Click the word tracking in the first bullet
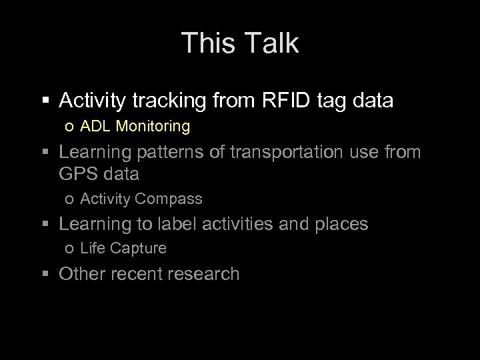click(x=171, y=101)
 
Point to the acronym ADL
click(x=93, y=126)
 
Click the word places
click(x=338, y=224)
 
